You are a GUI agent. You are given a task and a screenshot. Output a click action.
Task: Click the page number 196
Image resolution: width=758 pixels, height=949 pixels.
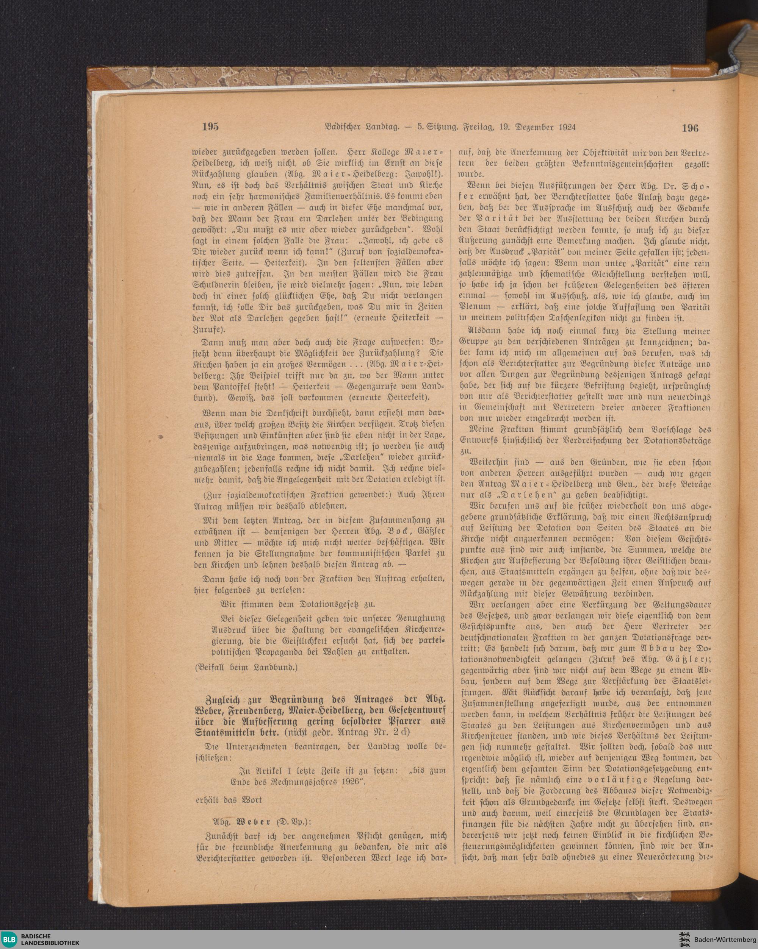[x=690, y=128]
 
